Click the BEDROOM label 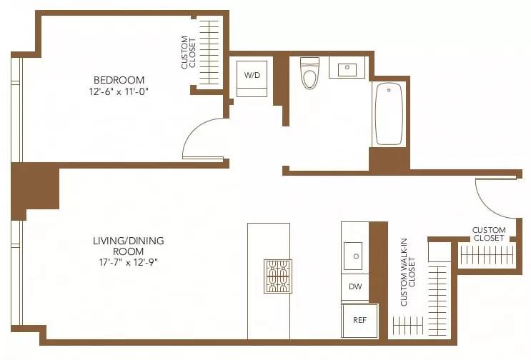[119, 80]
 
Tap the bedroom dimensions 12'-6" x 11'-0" [119, 91]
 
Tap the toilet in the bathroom [309, 74]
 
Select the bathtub [389, 114]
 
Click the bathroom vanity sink [347, 69]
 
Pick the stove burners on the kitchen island [277, 276]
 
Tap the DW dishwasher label [354, 286]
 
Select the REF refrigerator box [359, 320]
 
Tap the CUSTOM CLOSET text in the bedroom [188, 53]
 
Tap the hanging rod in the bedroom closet [209, 53]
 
